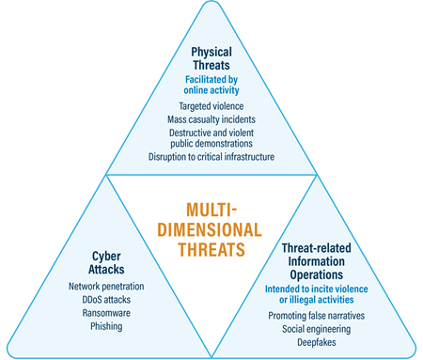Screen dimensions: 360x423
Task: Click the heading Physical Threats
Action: pos(211,58)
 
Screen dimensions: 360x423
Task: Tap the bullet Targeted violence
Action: pos(211,107)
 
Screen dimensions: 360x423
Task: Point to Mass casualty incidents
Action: pos(211,120)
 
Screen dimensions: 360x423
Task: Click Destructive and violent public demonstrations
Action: pos(211,139)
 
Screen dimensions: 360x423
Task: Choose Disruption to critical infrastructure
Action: pos(211,158)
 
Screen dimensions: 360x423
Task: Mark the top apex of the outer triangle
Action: pos(211,4)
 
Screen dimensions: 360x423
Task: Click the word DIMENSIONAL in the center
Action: pos(211,230)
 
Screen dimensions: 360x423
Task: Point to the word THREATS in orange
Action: pos(211,250)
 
